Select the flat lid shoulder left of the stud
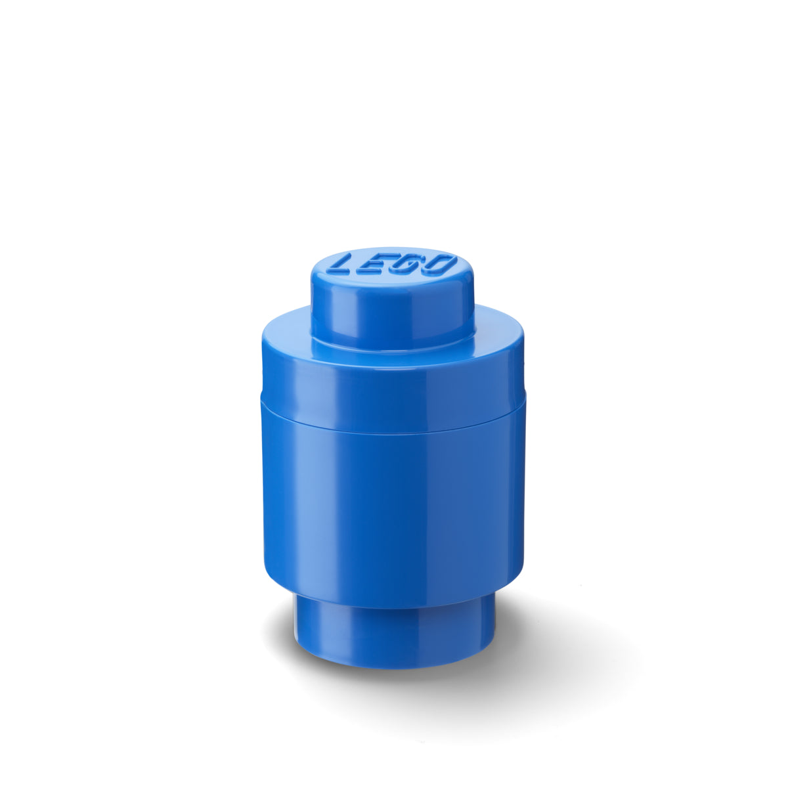click(286, 332)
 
